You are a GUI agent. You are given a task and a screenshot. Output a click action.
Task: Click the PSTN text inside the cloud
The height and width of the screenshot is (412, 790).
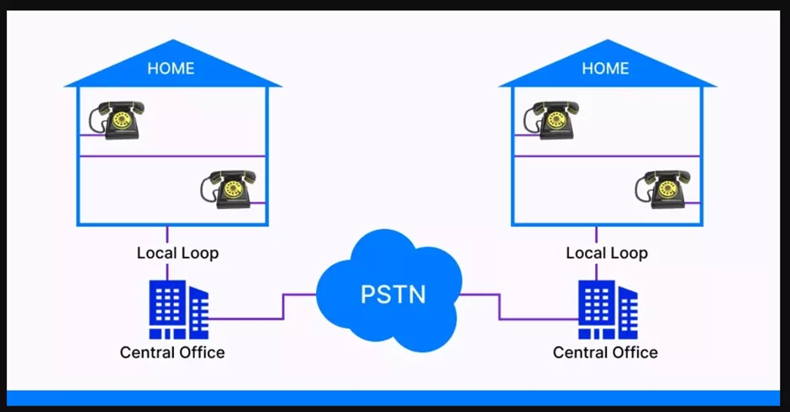coord(392,295)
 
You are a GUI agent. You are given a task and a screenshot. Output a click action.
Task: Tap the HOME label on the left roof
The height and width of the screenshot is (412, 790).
coord(171,68)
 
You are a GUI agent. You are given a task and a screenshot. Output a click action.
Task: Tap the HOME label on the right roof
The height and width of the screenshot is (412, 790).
coord(605,68)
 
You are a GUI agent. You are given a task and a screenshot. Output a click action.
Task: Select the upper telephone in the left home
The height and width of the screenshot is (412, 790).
coord(118,120)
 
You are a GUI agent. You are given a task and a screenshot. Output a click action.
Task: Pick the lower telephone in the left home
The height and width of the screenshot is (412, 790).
coord(226,189)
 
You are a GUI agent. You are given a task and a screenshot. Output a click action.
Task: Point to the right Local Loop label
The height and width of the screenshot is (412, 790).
coord(607,253)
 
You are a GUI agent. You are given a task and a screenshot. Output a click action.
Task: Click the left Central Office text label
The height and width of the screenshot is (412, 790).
coord(172,352)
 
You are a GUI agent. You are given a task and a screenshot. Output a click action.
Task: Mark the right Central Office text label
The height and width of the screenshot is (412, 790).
coord(605,352)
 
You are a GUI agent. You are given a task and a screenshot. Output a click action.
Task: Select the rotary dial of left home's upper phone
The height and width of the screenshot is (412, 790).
coord(122,121)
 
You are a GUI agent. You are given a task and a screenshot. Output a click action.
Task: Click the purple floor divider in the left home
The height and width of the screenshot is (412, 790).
coord(172,156)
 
